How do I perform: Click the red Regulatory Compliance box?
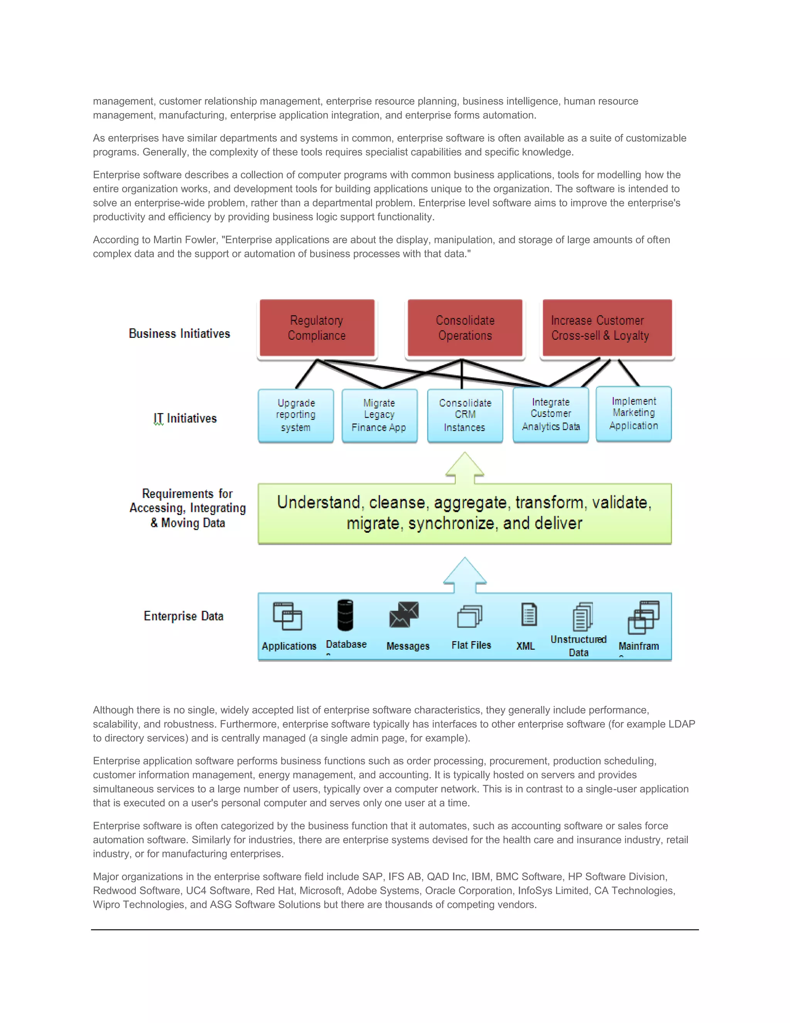point(317,328)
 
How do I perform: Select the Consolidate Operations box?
point(465,328)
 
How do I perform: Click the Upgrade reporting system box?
point(296,415)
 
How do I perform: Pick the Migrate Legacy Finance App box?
point(379,415)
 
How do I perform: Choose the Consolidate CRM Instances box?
point(465,415)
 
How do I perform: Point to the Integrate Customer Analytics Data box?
point(550,415)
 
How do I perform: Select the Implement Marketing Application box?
point(633,413)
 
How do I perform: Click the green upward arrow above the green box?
point(464,468)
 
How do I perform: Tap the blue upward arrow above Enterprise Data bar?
point(464,575)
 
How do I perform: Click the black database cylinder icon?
point(345,615)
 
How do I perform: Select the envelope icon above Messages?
point(404,615)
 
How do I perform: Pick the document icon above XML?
point(529,615)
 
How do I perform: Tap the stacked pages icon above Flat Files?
point(469,616)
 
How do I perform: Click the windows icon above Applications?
point(287,616)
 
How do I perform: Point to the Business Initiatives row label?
point(179,334)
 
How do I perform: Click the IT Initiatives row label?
point(185,418)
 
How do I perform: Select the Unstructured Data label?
point(579,645)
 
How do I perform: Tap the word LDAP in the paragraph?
point(682,724)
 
